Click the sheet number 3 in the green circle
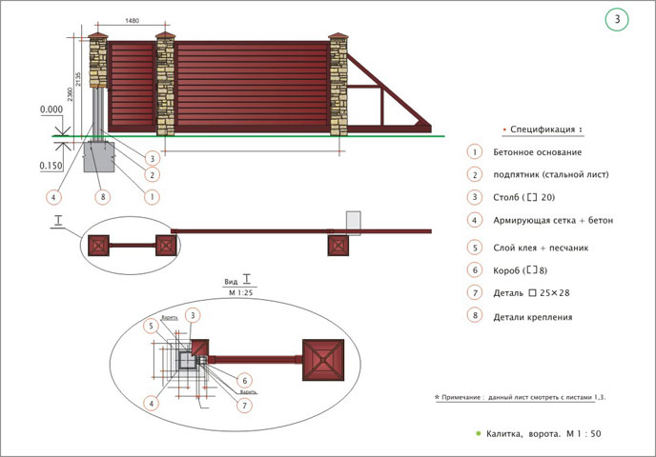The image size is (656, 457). click(x=617, y=19)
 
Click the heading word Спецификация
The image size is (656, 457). click(x=543, y=129)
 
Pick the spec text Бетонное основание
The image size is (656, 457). click(x=538, y=152)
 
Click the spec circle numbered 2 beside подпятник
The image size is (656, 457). click(x=474, y=175)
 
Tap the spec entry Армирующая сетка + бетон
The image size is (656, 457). click(x=553, y=221)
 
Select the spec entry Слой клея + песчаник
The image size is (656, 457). click(x=542, y=247)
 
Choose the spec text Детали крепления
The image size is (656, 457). click(x=533, y=316)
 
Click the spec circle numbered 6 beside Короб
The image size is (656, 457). click(x=474, y=270)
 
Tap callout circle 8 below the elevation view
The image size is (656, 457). click(x=102, y=197)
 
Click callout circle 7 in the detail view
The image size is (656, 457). click(x=244, y=405)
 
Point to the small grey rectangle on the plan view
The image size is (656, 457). click(x=354, y=222)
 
